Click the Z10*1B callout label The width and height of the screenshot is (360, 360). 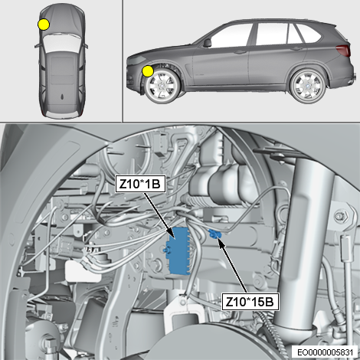tap(140, 183)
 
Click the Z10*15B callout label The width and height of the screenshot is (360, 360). tap(250, 302)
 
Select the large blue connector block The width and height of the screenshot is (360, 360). tap(179, 251)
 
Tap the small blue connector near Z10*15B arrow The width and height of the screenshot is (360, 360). tap(214, 234)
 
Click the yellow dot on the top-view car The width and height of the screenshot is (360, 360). tap(44, 25)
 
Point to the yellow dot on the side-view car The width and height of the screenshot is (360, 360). tap(148, 71)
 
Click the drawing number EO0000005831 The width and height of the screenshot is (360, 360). tap(326, 352)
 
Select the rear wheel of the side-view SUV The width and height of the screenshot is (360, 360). tap(309, 85)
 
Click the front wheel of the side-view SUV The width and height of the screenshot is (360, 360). tap(162, 86)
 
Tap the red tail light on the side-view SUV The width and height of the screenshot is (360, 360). tap(343, 50)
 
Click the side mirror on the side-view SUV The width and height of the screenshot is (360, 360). tap(207, 43)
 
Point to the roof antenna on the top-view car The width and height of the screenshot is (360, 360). tap(62, 97)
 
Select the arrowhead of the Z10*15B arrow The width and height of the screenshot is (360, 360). tap(220, 241)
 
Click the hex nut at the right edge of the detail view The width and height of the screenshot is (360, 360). tap(341, 216)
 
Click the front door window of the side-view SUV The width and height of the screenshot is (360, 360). tap(231, 36)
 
